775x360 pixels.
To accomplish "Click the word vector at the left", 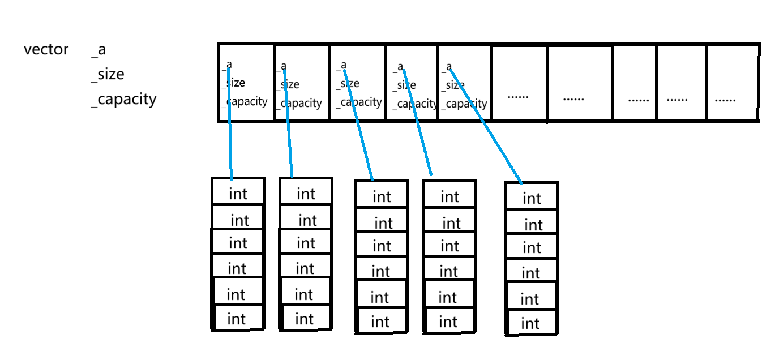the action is pyautogui.click(x=46, y=49).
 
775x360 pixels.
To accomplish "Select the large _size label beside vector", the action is pyautogui.click(x=108, y=75).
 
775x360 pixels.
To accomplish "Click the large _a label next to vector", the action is pyautogui.click(x=99, y=50).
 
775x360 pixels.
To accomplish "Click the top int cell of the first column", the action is pyautogui.click(x=238, y=191).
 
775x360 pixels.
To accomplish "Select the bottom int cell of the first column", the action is pyautogui.click(x=238, y=318).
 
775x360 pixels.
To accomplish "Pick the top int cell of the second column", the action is pyautogui.click(x=306, y=191).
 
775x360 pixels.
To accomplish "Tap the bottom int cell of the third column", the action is pyautogui.click(x=382, y=321).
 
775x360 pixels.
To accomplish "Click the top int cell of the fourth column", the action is pyautogui.click(x=449, y=194).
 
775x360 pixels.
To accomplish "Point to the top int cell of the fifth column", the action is pyautogui.click(x=532, y=196).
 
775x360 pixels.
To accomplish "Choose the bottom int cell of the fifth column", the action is pyautogui.click(x=532, y=323).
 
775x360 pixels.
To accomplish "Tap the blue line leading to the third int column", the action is pyautogui.click(x=358, y=125).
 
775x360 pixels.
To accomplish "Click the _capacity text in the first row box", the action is pyautogui.click(x=245, y=102).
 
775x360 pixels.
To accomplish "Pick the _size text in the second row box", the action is pyautogui.click(x=288, y=84).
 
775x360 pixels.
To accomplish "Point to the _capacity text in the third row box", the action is pyautogui.click(x=359, y=102).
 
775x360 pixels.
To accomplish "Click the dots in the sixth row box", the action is pyautogui.click(x=518, y=97).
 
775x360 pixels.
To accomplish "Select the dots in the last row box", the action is pyautogui.click(x=725, y=100).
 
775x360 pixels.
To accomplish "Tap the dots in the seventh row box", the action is pyautogui.click(x=573, y=99).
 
